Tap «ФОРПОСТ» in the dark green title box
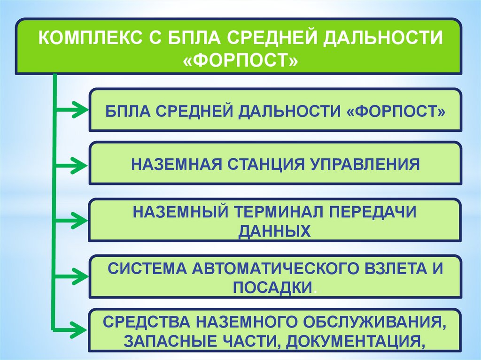[x=240, y=60]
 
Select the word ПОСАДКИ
[x=272, y=287]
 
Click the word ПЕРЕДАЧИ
[x=374, y=212]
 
